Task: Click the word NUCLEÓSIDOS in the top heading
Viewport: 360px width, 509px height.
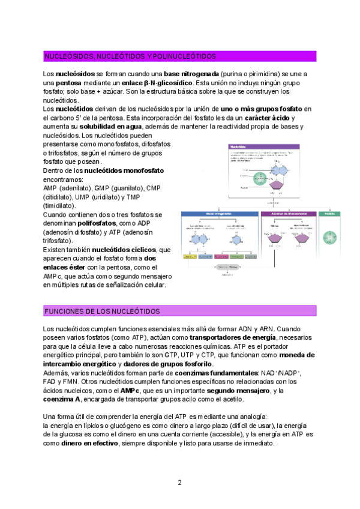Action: (x=68, y=56)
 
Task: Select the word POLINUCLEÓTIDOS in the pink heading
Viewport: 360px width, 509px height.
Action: (x=185, y=56)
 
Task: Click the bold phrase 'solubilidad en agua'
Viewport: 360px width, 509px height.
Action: (x=110, y=127)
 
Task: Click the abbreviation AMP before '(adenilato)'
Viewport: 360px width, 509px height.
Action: (x=50, y=188)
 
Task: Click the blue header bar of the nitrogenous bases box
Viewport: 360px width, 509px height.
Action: (x=219, y=214)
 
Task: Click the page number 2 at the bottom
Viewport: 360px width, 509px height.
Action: (x=179, y=482)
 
